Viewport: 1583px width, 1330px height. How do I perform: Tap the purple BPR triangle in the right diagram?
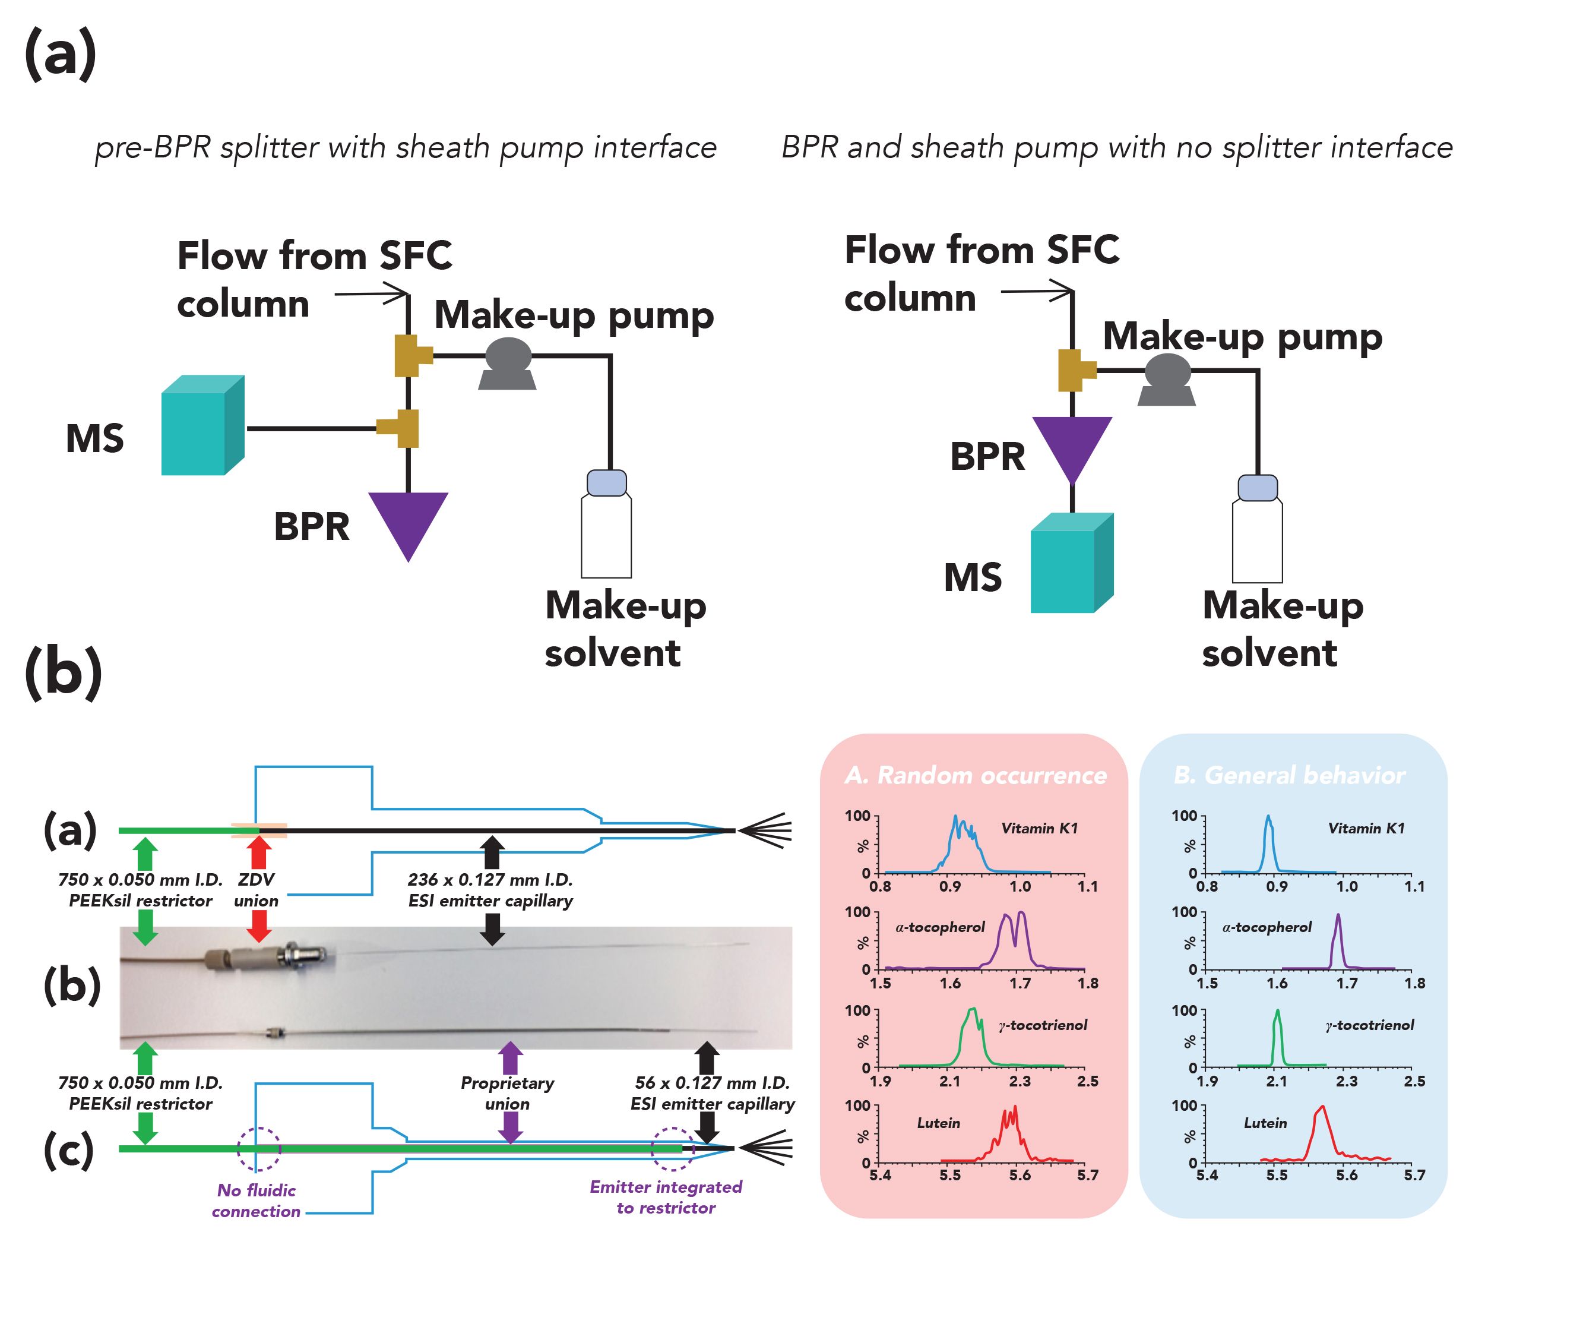pos(1071,446)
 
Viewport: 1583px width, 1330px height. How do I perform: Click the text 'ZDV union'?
pos(257,890)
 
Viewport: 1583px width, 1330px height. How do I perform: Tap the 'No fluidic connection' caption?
pos(257,1201)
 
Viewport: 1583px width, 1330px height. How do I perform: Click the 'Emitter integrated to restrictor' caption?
pos(666,1198)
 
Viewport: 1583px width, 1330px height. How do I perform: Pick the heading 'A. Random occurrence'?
pos(976,775)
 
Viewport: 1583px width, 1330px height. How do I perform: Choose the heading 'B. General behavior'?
pos(1290,775)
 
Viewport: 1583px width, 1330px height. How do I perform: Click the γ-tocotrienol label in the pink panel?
pos(1043,1025)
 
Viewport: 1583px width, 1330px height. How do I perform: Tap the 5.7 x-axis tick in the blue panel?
pos(1415,1175)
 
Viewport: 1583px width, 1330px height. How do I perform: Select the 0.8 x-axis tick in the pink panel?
pos(880,887)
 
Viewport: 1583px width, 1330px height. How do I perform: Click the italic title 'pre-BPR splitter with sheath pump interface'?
pos(406,147)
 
